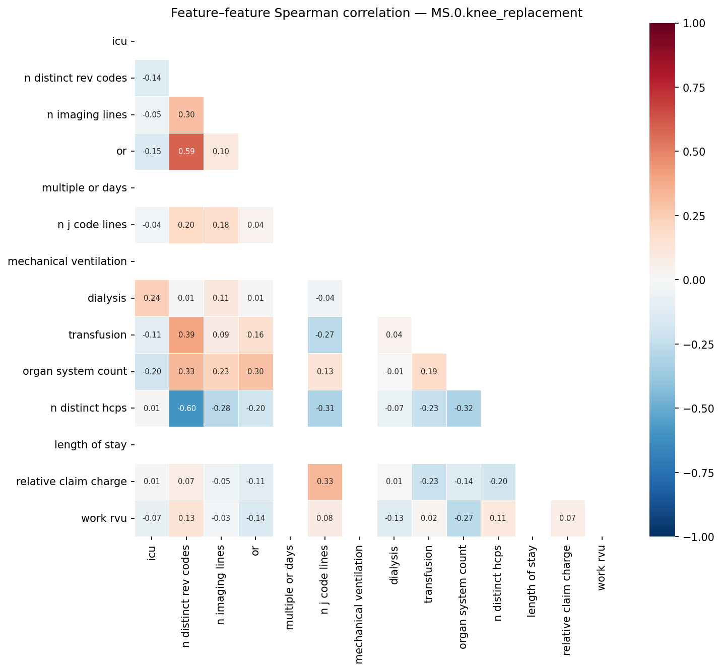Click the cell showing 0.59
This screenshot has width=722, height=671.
click(186, 152)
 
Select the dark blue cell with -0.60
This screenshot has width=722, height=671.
click(186, 409)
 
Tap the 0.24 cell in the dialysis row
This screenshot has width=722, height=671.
click(152, 298)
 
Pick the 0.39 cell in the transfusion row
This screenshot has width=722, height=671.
click(186, 335)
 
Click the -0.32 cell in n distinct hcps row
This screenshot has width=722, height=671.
click(464, 409)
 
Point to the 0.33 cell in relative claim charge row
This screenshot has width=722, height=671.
click(325, 482)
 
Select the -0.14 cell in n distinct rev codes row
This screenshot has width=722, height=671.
click(152, 78)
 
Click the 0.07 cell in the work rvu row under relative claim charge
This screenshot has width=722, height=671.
click(567, 518)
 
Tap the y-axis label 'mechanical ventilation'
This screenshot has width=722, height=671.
click(68, 261)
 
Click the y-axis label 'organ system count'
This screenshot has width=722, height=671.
click(75, 372)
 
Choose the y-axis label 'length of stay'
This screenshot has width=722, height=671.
click(91, 445)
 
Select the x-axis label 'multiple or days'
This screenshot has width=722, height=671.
click(290, 587)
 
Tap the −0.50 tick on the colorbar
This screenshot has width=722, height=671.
click(697, 409)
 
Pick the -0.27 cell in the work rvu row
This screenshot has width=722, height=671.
click(464, 518)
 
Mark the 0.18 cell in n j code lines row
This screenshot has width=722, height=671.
click(221, 225)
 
